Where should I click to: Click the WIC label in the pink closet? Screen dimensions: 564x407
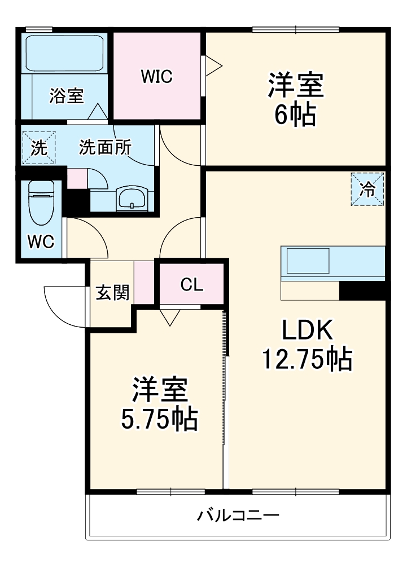[x=156, y=77]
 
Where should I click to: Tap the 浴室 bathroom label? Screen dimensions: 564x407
[x=66, y=96]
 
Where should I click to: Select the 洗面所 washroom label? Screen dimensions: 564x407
[x=105, y=147]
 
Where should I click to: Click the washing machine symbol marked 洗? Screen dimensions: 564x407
[x=39, y=148]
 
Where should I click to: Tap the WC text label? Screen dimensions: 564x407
[x=41, y=241]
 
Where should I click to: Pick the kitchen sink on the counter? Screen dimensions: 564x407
[x=308, y=262]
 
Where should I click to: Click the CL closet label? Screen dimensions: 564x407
[x=191, y=285]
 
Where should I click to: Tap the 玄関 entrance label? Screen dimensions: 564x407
[x=112, y=292]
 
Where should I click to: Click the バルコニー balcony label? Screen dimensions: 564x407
[x=238, y=515]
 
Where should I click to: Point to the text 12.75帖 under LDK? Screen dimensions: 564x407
[x=307, y=359]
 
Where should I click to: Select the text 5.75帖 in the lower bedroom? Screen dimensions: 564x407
[x=160, y=418]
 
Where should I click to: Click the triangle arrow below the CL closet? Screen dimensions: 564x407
[x=169, y=318]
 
